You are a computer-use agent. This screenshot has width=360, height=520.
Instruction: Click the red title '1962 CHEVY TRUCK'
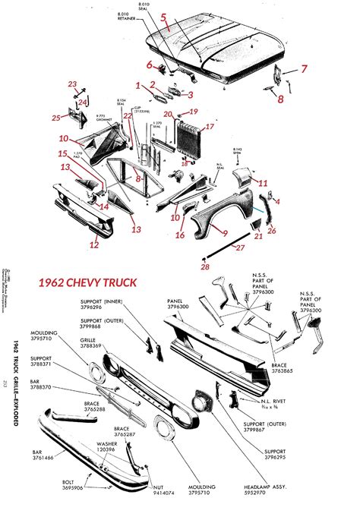87,282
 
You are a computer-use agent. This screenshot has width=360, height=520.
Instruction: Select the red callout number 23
72,84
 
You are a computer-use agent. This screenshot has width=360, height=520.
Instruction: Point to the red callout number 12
93,244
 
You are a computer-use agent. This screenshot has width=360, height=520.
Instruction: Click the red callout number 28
205,266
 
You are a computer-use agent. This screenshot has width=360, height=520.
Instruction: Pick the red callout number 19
193,112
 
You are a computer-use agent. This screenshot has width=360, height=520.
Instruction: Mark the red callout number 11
263,183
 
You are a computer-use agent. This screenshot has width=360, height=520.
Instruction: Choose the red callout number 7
303,69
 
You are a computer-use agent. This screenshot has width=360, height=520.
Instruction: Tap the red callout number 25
56,118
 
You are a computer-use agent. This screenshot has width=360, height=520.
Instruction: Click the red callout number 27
239,247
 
